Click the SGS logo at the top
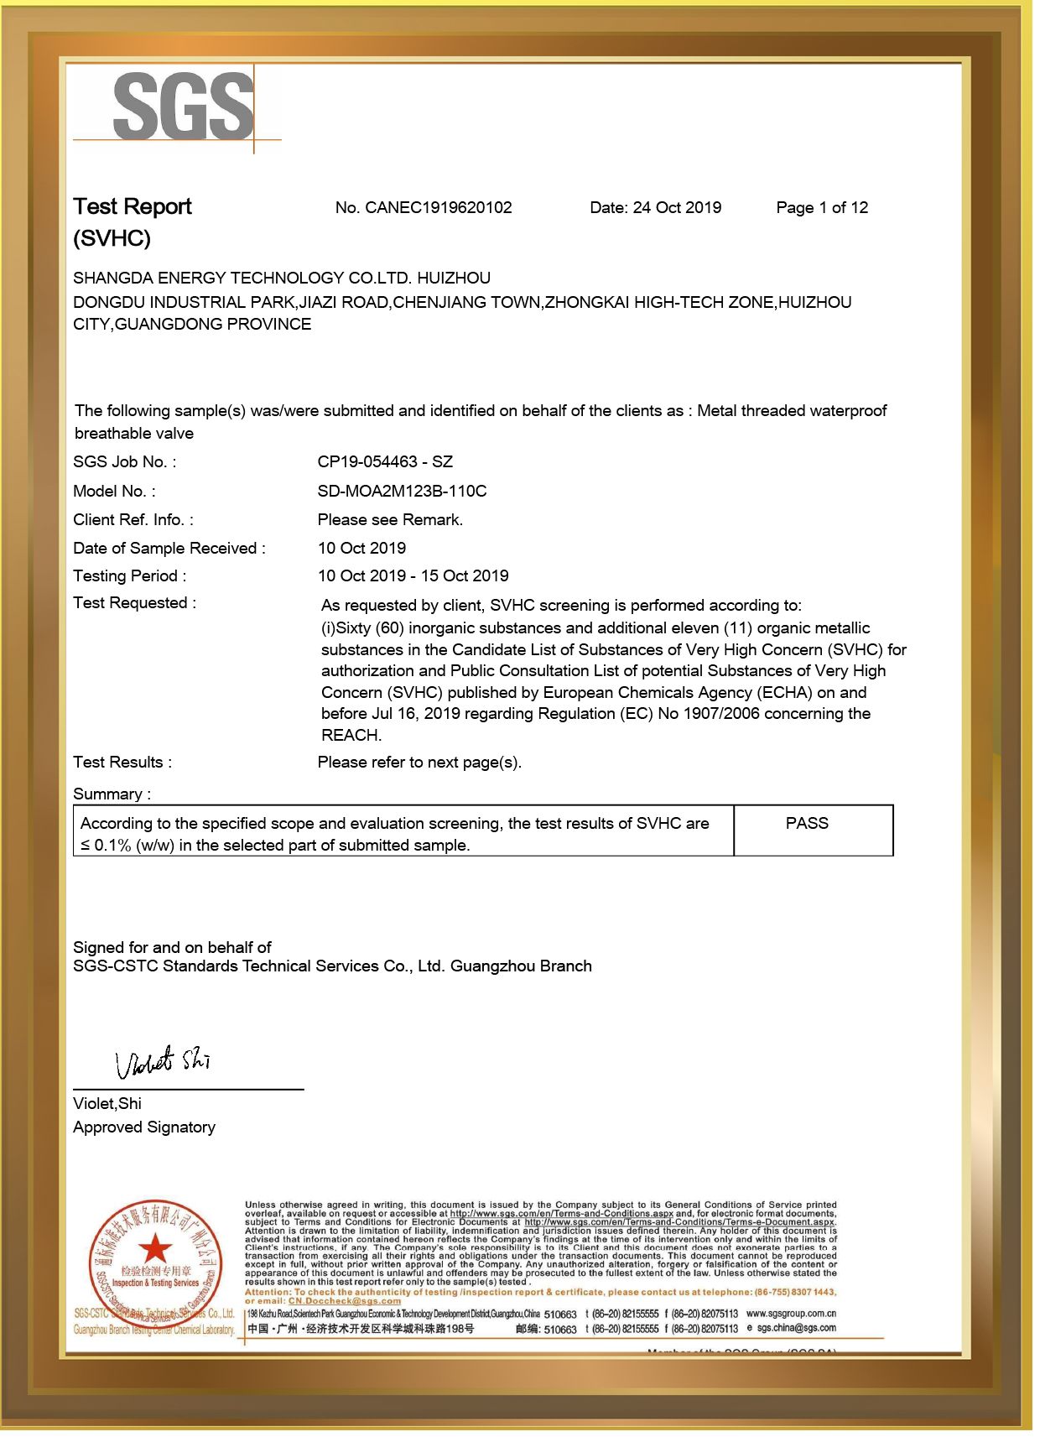[x=184, y=107]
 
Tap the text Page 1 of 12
[x=822, y=208]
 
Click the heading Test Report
[x=133, y=207]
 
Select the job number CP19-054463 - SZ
[x=385, y=462]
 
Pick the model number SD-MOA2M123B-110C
[x=402, y=492]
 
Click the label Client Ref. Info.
[x=133, y=520]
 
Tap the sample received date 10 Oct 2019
[x=361, y=549]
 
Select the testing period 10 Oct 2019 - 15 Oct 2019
[x=413, y=576]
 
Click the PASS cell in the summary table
[x=807, y=824]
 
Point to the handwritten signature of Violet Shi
[x=163, y=1062]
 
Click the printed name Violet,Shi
[x=107, y=1104]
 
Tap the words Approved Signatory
[x=144, y=1127]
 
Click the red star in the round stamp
[x=155, y=1248]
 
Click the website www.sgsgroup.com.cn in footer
[x=790, y=1314]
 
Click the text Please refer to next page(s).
[x=419, y=763]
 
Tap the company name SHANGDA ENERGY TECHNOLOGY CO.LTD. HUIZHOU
[x=282, y=279]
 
